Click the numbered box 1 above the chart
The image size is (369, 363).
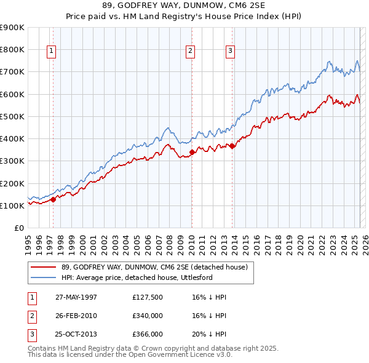click(50, 51)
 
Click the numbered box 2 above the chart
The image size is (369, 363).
click(191, 51)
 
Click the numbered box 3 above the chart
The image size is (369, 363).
click(230, 51)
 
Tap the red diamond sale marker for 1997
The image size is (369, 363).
click(54, 199)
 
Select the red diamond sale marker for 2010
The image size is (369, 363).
click(192, 151)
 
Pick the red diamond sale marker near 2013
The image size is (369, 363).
click(232, 146)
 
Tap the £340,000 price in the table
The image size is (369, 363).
click(148, 316)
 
